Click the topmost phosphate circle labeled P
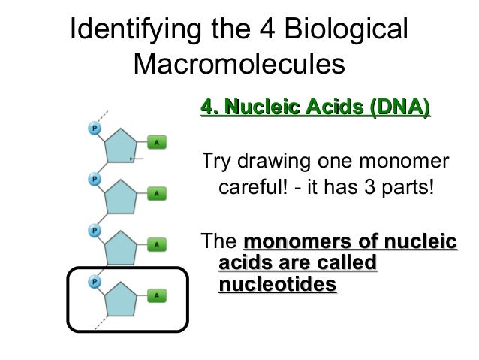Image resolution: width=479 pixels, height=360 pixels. tap(95, 129)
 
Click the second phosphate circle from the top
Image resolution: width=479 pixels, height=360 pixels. tap(95, 180)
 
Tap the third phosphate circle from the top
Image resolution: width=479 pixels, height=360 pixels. tap(95, 228)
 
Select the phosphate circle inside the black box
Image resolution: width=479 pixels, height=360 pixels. tap(95, 280)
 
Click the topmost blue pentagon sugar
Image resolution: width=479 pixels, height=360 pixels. tap(123, 146)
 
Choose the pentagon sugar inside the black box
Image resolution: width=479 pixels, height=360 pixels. tap(123, 298)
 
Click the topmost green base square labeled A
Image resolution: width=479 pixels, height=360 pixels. tap(157, 142)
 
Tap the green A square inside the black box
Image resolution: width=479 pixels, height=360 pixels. tap(157, 295)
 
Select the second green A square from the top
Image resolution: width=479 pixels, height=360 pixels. tap(157, 193)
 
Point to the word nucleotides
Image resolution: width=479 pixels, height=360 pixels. tap(277, 285)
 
